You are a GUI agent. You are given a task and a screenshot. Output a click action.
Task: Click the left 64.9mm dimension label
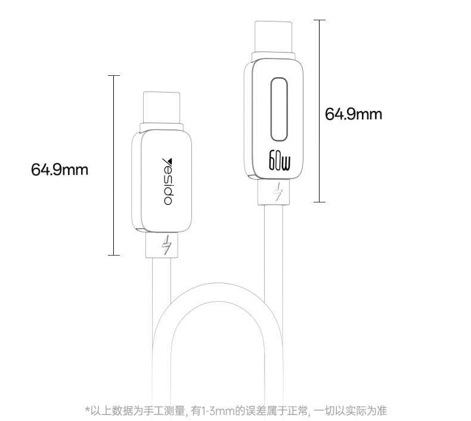(60, 170)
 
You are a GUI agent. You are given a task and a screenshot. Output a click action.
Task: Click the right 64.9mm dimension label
(353, 114)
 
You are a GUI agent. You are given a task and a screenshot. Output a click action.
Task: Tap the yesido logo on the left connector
(167, 182)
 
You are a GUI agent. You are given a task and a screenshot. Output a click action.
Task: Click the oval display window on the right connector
(279, 109)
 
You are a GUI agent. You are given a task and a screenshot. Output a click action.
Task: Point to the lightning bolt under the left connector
(166, 245)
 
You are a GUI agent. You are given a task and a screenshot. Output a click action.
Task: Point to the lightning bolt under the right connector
(278, 192)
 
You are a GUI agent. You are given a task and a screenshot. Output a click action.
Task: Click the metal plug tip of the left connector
(162, 107)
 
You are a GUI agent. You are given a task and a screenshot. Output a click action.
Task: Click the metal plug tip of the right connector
(273, 36)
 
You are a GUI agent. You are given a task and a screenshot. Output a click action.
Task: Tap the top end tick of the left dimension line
(114, 75)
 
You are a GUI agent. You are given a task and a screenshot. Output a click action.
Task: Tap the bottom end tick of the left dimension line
(114, 255)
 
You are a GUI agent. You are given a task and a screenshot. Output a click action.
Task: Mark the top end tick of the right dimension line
(320, 20)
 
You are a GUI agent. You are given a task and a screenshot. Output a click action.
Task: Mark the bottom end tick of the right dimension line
(320, 202)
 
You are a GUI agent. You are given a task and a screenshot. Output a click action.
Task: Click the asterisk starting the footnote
(88, 409)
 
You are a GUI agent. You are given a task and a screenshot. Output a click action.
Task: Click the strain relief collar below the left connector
(162, 245)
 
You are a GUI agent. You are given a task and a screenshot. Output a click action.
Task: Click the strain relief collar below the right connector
(274, 192)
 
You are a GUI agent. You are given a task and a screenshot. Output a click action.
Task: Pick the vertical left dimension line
(114, 165)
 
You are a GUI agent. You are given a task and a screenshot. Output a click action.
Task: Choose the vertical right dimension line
(320, 110)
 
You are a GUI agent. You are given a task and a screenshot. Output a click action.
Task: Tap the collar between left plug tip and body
(162, 127)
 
